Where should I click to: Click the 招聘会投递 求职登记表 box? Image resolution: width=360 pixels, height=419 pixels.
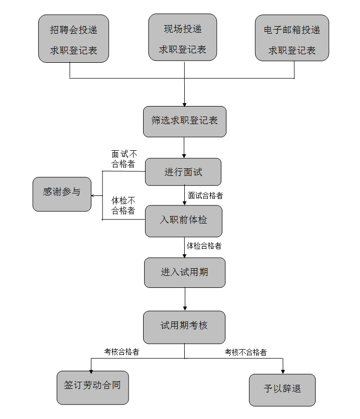(x=73, y=39)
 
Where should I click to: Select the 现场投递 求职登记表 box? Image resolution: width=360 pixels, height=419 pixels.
(x=183, y=37)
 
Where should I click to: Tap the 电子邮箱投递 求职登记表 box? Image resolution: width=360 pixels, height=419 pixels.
(x=292, y=38)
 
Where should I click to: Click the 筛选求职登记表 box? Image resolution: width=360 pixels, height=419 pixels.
(x=185, y=122)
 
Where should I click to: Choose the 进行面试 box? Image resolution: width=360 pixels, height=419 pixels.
(x=183, y=172)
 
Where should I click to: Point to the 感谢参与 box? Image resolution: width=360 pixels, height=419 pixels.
(x=62, y=194)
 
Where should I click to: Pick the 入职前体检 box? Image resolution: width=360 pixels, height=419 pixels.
(x=184, y=221)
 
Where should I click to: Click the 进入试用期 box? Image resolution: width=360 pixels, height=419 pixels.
(x=185, y=273)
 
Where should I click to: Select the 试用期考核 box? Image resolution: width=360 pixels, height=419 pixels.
(x=184, y=327)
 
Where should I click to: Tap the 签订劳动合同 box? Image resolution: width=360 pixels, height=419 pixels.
(x=93, y=388)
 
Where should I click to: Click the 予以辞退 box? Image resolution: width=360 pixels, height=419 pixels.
(x=282, y=390)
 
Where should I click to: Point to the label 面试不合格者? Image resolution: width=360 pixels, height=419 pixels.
(x=124, y=159)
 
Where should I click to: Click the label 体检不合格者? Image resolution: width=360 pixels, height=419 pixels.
(x=123, y=205)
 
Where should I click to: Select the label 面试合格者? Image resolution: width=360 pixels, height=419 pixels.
(x=205, y=195)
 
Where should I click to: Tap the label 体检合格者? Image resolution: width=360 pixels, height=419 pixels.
(x=204, y=246)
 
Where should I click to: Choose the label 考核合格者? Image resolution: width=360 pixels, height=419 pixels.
(x=122, y=352)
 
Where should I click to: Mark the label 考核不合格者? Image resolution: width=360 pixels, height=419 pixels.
(x=246, y=352)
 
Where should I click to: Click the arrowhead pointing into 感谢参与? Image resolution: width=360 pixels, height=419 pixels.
(x=93, y=195)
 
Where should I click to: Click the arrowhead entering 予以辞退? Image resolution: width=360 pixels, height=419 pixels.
(x=283, y=372)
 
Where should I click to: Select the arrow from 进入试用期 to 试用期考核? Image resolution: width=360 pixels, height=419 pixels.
(x=185, y=299)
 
